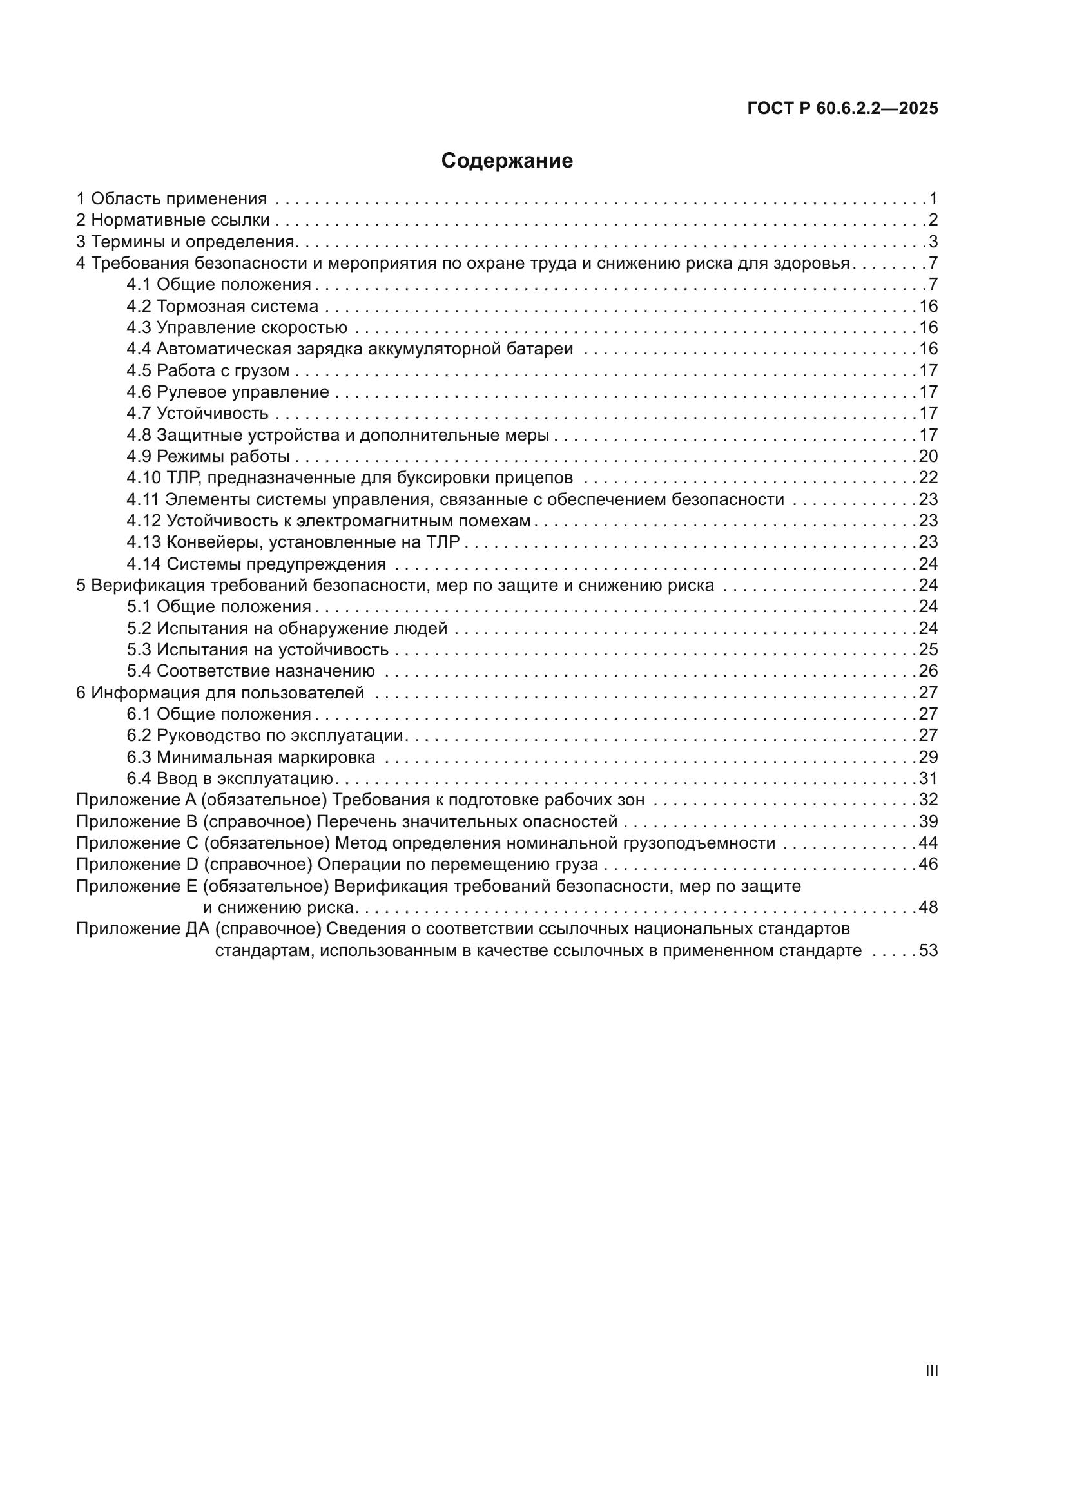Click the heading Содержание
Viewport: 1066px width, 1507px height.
tap(507, 161)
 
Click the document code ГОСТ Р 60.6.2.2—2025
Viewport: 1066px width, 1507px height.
tap(842, 109)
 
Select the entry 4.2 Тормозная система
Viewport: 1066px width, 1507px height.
tap(222, 307)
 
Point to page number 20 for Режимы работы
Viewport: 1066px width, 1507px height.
tap(927, 456)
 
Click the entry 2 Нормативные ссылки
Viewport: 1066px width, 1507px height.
tap(173, 220)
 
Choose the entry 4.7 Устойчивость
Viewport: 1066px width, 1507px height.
tap(198, 414)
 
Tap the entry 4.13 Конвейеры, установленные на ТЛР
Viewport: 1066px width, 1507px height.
tap(293, 542)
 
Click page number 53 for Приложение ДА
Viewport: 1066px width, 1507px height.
tap(927, 951)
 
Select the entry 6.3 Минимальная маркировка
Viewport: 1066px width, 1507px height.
tap(251, 758)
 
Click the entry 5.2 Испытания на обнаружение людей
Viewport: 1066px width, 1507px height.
tap(287, 629)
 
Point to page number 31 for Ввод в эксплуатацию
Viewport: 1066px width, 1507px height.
tap(927, 779)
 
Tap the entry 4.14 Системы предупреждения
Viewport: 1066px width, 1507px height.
tap(256, 564)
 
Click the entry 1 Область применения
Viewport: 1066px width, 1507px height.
tap(171, 198)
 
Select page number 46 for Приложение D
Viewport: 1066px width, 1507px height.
tap(927, 865)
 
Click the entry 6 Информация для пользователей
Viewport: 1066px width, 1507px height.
tap(220, 693)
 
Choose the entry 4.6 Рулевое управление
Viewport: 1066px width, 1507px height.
tap(228, 392)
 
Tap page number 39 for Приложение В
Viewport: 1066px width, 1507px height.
tap(927, 821)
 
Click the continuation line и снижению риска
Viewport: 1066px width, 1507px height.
tap(278, 908)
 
